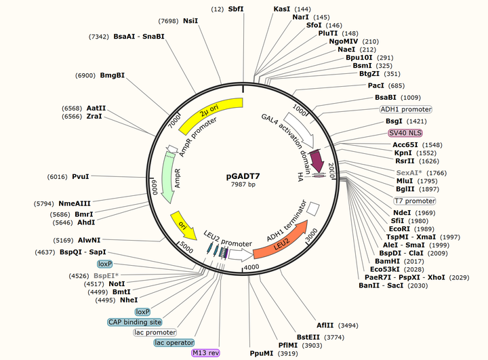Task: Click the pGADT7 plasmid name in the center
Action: [x=243, y=176]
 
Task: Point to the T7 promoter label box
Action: [x=415, y=201]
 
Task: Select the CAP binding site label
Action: [x=135, y=322]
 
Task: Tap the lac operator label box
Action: [x=174, y=343]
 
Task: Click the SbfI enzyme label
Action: [x=237, y=9]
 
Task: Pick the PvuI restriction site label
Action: [x=81, y=176]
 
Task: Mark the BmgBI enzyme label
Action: [x=113, y=75]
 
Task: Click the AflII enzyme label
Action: [x=325, y=325]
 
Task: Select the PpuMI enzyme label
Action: [x=261, y=353]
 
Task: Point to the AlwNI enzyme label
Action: [x=89, y=239]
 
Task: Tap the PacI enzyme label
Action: [x=376, y=85]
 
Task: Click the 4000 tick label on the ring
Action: [x=251, y=268]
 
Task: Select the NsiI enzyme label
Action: [x=191, y=21]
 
